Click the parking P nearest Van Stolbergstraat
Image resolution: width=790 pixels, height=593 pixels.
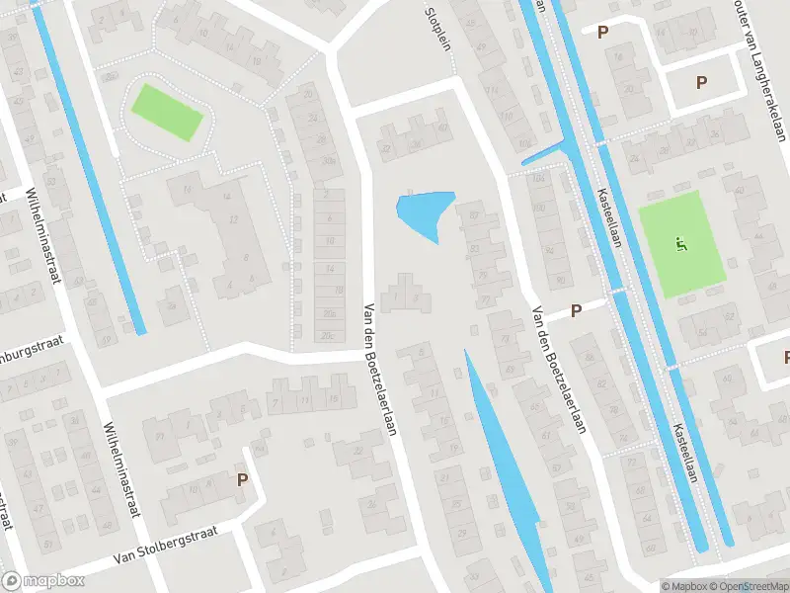pos(241,480)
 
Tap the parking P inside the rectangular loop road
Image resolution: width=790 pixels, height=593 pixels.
pos(702,83)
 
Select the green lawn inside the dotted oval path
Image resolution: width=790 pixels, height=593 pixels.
pos(168,112)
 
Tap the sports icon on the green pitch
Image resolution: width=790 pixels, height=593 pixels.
pos(679,243)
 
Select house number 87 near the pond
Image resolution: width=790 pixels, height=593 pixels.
pos(474,214)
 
